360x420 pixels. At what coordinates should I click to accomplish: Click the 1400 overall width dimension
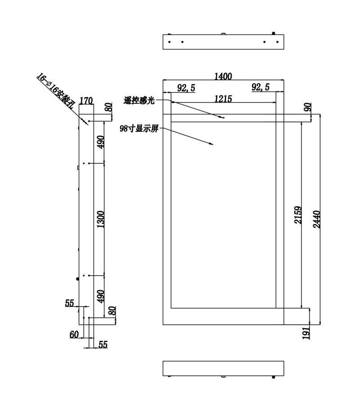point(223,76)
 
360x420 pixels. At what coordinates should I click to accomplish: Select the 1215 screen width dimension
point(223,99)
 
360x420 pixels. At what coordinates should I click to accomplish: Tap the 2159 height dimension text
point(298,215)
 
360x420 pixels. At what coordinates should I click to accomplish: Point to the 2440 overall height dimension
point(316,219)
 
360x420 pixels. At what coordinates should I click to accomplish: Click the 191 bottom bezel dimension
point(306,333)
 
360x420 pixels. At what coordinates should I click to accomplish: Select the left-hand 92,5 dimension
point(186,88)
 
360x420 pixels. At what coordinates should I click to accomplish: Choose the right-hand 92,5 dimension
point(261,87)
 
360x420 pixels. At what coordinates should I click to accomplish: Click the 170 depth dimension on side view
point(86,101)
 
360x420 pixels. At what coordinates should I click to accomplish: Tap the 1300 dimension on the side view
point(100,219)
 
